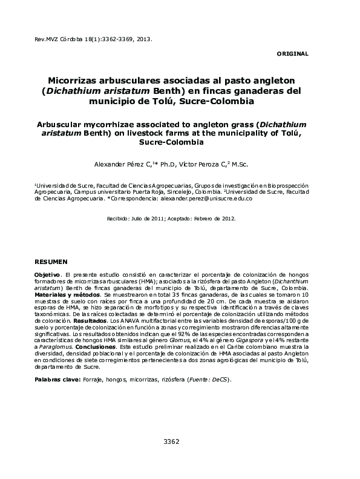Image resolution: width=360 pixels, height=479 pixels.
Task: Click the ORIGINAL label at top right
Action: click(x=292, y=54)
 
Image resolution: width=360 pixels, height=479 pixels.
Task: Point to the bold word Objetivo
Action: click(x=48, y=275)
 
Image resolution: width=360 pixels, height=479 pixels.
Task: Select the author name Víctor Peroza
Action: click(x=205, y=164)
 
